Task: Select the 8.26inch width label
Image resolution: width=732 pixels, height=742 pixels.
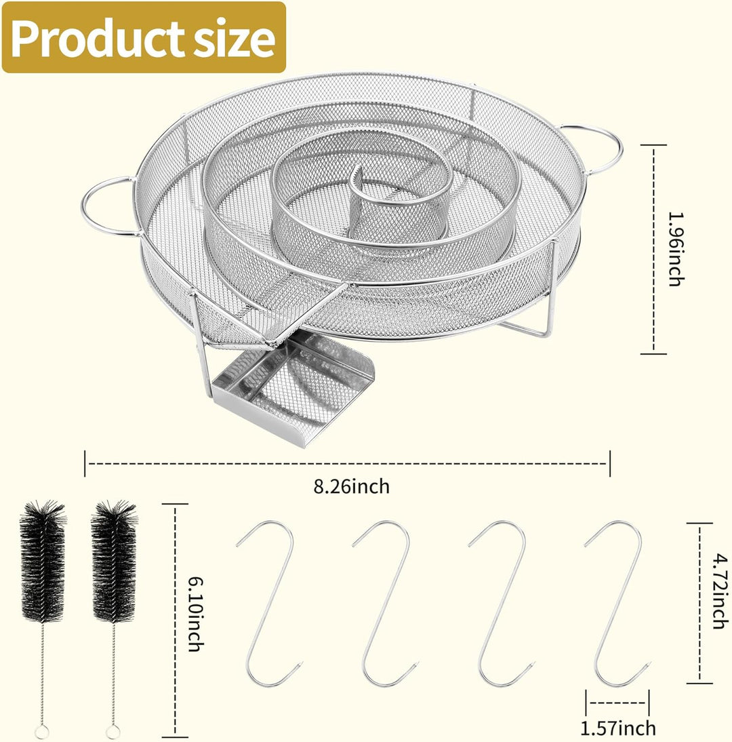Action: (x=351, y=486)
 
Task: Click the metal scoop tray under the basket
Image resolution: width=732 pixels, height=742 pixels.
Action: (x=293, y=388)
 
